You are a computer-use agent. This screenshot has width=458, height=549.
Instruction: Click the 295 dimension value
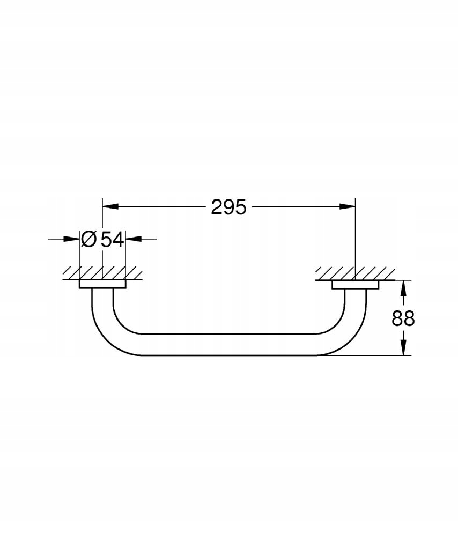[228, 207]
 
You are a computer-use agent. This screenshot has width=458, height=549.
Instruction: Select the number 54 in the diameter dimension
[113, 240]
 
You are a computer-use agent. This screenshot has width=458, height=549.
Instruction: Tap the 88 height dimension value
[403, 318]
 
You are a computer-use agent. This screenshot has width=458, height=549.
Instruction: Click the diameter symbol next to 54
[88, 240]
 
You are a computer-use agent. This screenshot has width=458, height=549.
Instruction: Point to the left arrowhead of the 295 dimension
[110, 206]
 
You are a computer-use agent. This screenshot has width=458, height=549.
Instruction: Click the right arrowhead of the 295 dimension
[348, 206]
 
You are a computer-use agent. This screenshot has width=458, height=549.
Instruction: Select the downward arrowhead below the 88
[403, 347]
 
